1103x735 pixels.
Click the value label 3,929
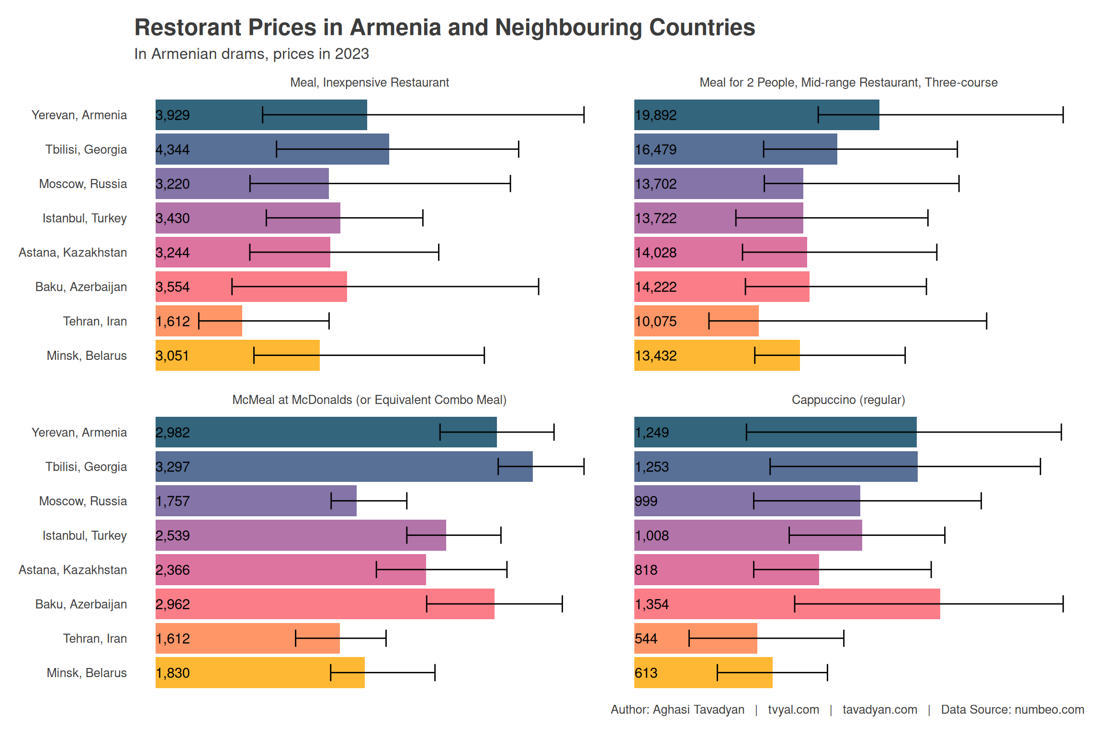click(x=173, y=115)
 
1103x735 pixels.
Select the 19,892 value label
click(x=655, y=115)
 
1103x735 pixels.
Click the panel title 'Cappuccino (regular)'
click(x=848, y=400)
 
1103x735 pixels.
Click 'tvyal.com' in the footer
click(x=793, y=709)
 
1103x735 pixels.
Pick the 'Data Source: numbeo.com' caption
click(x=1012, y=709)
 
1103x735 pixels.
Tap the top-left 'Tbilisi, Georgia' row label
click(x=86, y=149)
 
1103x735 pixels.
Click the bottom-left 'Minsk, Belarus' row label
click(x=87, y=673)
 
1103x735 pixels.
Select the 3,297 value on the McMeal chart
click(x=173, y=467)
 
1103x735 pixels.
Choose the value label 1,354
click(x=652, y=604)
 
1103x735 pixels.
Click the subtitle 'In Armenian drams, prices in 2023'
click(x=251, y=54)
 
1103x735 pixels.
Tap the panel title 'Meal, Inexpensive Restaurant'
click(x=369, y=82)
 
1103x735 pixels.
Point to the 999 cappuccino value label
click(x=646, y=501)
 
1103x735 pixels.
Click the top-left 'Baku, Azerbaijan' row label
click(x=81, y=287)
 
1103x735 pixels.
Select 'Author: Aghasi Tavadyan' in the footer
click(x=677, y=709)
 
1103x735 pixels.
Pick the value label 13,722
click(x=655, y=218)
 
